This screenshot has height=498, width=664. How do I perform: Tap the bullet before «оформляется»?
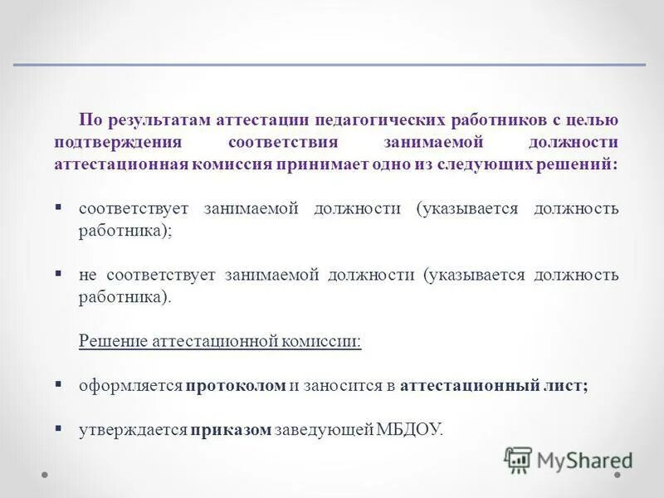tap(59, 384)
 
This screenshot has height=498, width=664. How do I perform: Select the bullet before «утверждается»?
tap(59, 428)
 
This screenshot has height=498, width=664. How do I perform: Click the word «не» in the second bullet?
tap(87, 275)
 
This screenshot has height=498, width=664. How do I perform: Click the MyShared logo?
tap(569, 460)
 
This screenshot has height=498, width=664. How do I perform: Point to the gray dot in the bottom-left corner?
tap(46, 476)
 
